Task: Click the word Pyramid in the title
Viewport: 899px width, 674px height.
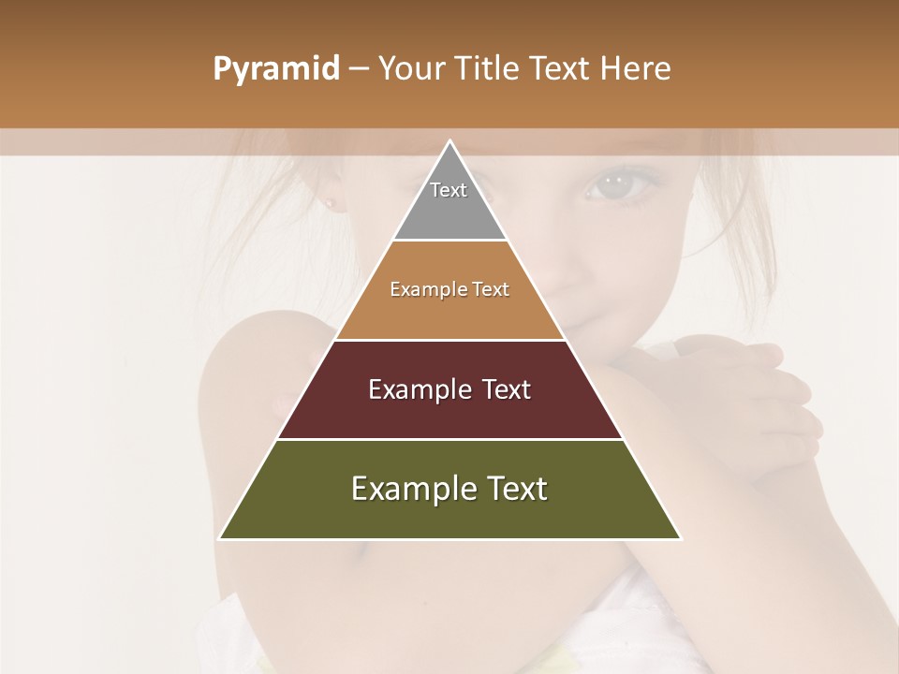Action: pos(275,69)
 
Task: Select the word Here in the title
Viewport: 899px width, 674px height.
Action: pos(636,68)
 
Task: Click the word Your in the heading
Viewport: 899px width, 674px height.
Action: pos(409,68)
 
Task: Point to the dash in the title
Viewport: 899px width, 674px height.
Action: pos(359,69)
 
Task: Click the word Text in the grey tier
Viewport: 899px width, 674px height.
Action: pos(449,190)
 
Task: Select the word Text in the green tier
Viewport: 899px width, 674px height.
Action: pos(511,489)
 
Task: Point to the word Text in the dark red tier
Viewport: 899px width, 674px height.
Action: pos(507,389)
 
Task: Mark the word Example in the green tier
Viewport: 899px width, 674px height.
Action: pos(412,489)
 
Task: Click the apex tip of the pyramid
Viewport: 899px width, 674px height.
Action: pos(449,143)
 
